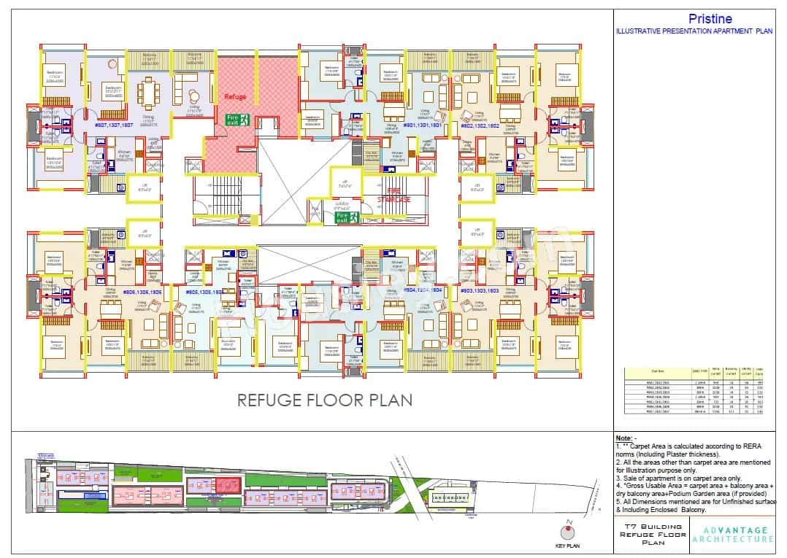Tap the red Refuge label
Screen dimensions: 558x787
(235, 96)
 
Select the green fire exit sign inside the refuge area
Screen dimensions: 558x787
(238, 119)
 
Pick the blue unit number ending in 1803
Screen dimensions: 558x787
(480, 290)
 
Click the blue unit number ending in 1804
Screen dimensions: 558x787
(423, 290)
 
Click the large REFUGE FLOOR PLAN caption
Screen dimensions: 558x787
(324, 400)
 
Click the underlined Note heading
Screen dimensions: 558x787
(626, 436)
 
